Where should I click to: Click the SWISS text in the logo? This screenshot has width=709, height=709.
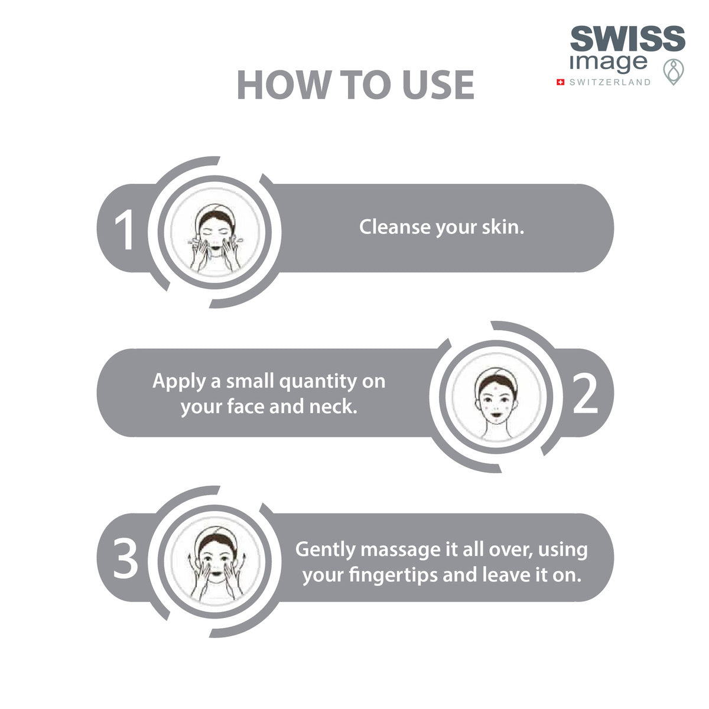(x=627, y=38)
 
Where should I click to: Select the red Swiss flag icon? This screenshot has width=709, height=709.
(x=560, y=82)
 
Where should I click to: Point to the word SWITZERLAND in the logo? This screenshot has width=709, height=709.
(x=610, y=82)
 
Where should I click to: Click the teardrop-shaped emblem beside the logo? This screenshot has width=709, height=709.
(x=674, y=71)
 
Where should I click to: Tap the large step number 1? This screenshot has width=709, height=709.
(x=124, y=230)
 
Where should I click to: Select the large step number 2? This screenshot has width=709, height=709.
(x=585, y=394)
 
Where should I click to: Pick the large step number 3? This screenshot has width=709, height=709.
(x=125, y=558)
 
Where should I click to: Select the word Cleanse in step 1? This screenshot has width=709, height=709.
(x=395, y=227)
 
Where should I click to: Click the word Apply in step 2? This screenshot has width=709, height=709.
(x=179, y=382)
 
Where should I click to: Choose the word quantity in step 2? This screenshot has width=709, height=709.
(x=318, y=382)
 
